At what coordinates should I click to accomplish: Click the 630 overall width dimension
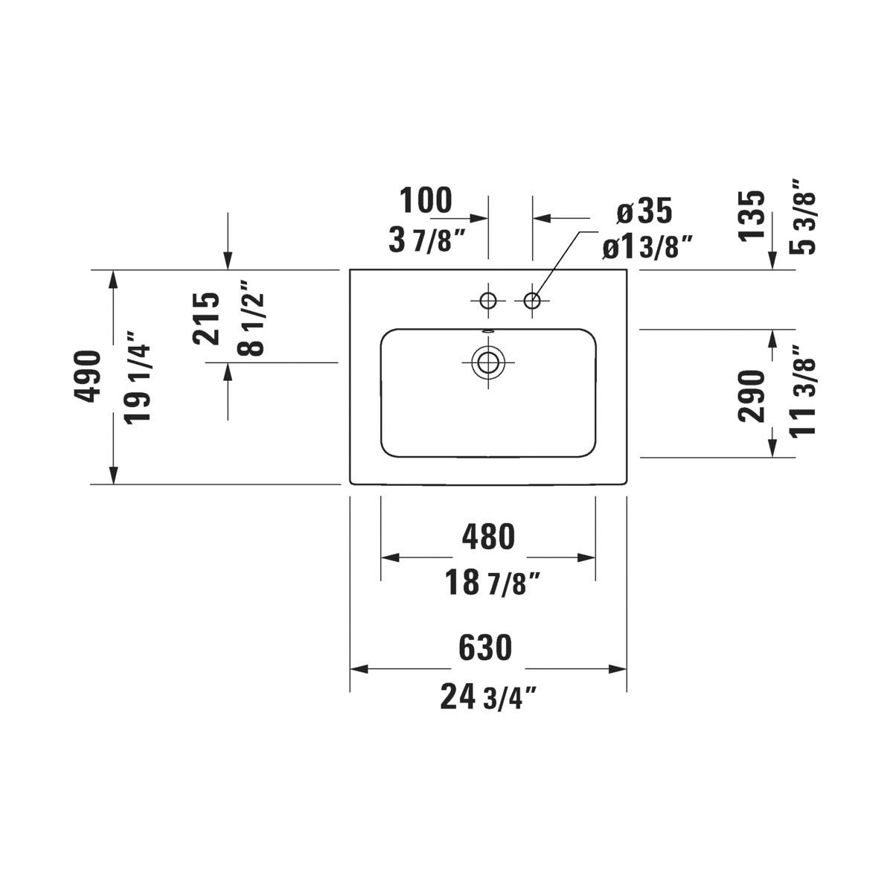tap(485, 647)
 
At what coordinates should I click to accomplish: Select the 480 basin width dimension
tap(487, 537)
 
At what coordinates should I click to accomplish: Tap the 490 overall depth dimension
tap(89, 376)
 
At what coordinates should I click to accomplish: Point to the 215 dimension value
tap(207, 318)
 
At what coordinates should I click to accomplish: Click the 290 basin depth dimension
tap(752, 396)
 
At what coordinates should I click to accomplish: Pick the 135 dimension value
tap(752, 216)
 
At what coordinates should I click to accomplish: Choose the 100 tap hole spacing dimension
tap(426, 201)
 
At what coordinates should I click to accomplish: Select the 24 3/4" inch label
tap(488, 697)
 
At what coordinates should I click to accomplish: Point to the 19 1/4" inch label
tap(138, 377)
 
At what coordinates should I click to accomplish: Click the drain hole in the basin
tap(488, 362)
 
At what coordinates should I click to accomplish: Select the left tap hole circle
tap(488, 301)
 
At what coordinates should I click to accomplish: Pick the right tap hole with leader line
tap(532, 301)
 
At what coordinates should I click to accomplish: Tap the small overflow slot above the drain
tap(488, 332)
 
